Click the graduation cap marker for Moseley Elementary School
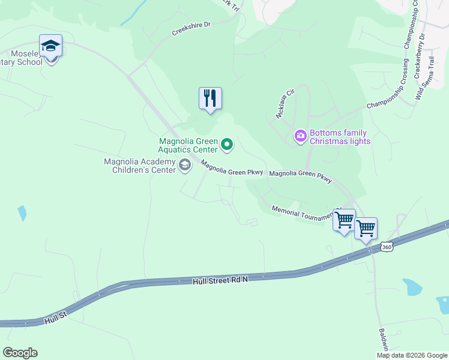point(51,46)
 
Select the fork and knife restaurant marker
point(210,97)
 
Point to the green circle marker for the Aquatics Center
point(227,143)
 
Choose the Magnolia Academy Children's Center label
point(140,166)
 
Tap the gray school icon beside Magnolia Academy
point(185,166)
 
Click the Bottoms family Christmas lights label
point(340,137)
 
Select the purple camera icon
point(300,137)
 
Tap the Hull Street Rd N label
point(220,280)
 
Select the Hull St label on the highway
point(56,321)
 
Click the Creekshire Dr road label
point(191,28)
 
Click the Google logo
point(20,353)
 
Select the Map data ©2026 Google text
point(411,355)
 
